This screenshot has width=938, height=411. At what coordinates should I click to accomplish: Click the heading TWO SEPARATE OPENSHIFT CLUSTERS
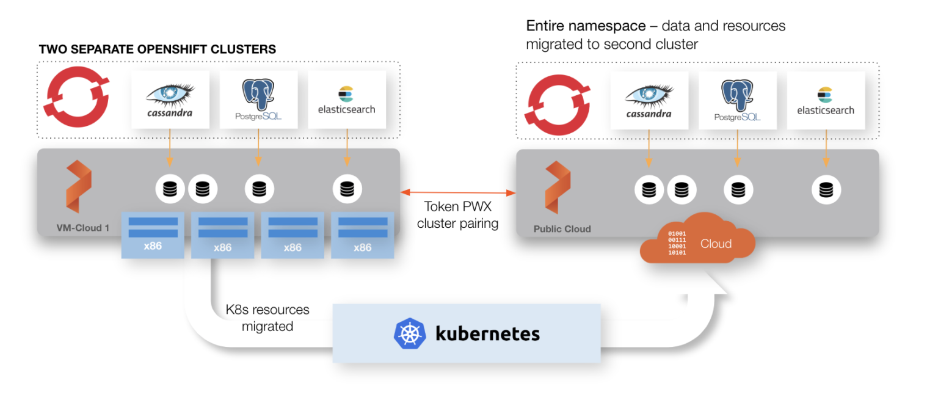[x=157, y=49]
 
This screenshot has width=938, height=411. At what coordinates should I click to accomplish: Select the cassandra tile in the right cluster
[x=649, y=100]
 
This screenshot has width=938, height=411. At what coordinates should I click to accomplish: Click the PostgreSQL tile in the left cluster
[x=258, y=99]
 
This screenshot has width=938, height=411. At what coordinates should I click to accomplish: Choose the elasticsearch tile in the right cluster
[x=825, y=100]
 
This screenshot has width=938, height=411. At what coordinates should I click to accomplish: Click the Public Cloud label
[x=562, y=229]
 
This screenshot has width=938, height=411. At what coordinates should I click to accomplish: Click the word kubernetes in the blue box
[x=487, y=333]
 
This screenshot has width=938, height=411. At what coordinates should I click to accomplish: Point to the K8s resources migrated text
[x=267, y=318]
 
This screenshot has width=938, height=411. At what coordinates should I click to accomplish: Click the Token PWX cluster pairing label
[x=457, y=215]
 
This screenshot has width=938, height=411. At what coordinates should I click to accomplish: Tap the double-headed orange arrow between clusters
[x=458, y=192]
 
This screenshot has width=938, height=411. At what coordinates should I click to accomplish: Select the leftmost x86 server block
[x=153, y=235]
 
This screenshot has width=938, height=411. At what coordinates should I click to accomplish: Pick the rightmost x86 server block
[x=362, y=235]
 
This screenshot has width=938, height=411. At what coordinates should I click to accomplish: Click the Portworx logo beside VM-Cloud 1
[x=78, y=187]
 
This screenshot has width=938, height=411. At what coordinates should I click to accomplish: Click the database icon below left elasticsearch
[x=347, y=189]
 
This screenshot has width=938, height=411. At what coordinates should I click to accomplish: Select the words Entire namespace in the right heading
[x=586, y=26]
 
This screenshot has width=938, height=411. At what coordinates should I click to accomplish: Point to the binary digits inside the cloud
[x=677, y=243]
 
